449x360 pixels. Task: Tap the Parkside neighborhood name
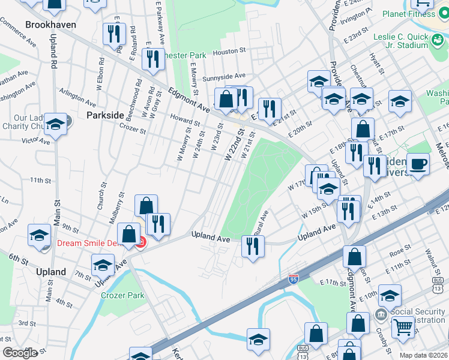pos(104,115)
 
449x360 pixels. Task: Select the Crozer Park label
pos(122,295)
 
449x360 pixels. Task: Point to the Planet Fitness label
pos(410,14)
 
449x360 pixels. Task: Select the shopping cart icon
pos(403,327)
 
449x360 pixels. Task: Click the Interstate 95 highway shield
pos(293,279)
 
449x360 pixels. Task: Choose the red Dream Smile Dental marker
pos(140,242)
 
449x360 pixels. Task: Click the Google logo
pos(20,353)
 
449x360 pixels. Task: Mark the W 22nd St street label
pos(234,146)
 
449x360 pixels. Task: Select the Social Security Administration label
pos(418,316)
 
